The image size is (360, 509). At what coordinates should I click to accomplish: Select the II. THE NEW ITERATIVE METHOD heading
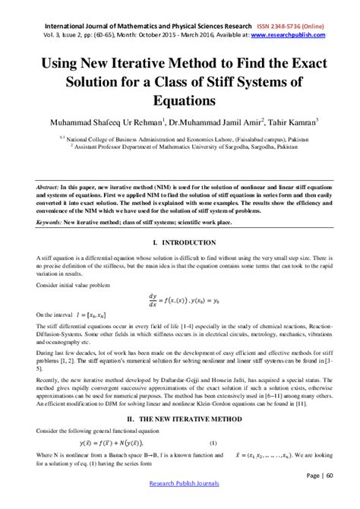point(179,418)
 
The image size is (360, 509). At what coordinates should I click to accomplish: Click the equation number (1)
point(213,443)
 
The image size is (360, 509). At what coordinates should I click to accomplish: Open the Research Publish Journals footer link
point(179,483)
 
